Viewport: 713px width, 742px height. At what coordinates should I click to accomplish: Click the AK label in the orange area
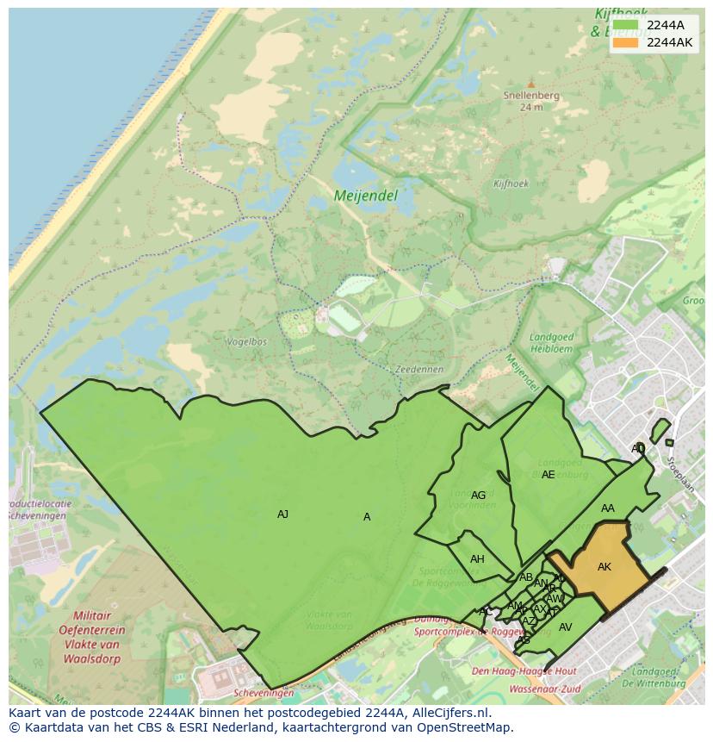[604, 567]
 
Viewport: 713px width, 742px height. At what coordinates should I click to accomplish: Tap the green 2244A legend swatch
[626, 25]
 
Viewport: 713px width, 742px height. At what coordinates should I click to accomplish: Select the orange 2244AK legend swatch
[626, 42]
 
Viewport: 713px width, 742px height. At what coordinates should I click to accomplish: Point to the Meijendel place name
[365, 196]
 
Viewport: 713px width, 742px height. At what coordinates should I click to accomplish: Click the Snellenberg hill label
[531, 96]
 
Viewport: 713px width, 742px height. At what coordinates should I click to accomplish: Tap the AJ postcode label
[282, 514]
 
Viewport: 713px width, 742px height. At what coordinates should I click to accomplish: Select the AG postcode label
[478, 496]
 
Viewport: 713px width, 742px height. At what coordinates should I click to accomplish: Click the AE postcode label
[548, 475]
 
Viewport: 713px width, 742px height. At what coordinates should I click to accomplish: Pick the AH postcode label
[477, 559]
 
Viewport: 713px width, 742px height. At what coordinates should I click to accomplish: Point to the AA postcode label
[608, 508]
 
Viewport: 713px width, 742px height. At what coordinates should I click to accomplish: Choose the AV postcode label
[565, 627]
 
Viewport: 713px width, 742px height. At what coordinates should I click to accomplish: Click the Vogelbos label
[246, 342]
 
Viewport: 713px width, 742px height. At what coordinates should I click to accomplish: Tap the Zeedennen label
[418, 369]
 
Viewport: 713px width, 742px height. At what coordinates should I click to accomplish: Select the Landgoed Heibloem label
[551, 343]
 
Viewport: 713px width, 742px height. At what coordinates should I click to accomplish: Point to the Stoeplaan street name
[680, 475]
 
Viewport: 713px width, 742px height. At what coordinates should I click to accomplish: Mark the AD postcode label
[637, 449]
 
